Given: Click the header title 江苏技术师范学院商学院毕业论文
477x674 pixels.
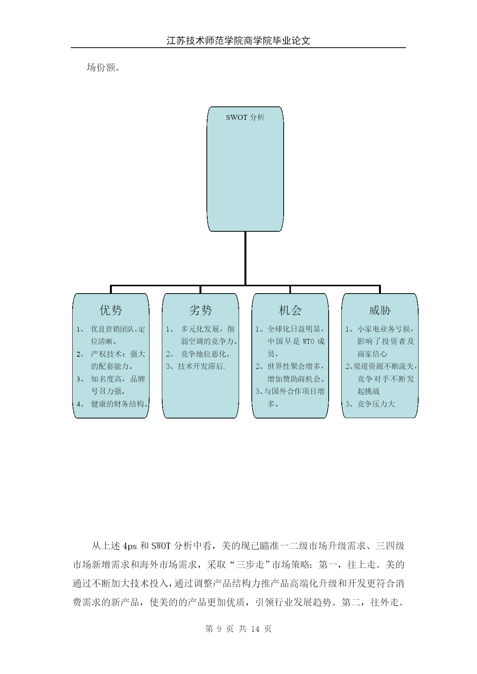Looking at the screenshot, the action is click(238, 41).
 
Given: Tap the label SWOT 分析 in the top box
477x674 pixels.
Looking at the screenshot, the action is click(245, 118).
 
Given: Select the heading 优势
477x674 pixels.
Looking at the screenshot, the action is click(111, 310).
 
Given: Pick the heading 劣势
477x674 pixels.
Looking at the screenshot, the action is click(200, 310).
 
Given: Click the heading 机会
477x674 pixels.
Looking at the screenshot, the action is click(290, 310).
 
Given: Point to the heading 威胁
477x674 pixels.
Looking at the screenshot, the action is click(380, 310).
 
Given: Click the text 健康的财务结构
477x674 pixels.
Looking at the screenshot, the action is click(118, 404).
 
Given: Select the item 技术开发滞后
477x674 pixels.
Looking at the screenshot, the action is click(200, 366).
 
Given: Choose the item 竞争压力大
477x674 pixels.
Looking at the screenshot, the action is click(376, 404).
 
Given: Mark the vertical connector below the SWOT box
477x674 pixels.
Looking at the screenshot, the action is click(245, 258).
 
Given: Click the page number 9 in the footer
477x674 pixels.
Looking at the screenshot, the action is click(219, 629).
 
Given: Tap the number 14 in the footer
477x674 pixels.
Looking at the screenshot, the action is click(255, 629).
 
